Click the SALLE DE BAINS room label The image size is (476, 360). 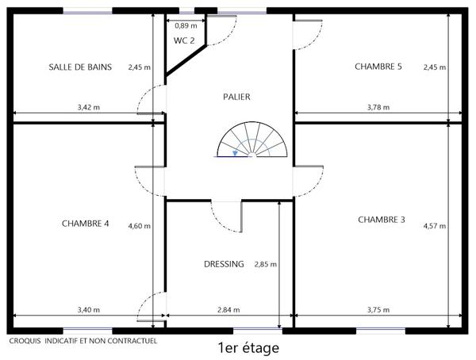pos(80,67)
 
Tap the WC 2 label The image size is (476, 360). pos(185,40)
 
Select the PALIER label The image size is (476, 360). pos(236,97)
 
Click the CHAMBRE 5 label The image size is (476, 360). pos(378,67)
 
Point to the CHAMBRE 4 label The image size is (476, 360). pos(85,223)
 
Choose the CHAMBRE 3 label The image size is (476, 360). pos(382,219)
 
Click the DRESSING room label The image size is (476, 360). pos(224,264)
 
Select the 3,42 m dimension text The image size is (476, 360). pos(89,106)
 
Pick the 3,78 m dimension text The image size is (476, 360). pos(378,106)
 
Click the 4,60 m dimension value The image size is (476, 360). pos(140,226)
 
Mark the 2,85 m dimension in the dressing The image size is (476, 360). pos(265,264)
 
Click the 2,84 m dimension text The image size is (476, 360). pos(228,310)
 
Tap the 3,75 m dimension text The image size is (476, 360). pos(378,310)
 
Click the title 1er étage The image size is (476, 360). pos(248,347)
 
